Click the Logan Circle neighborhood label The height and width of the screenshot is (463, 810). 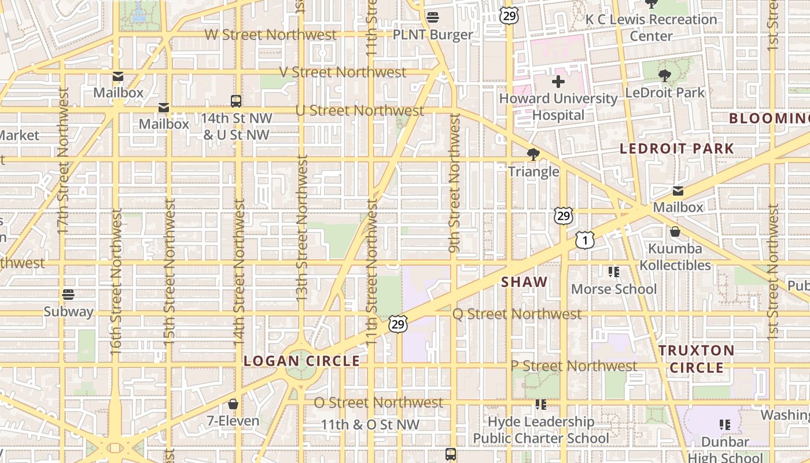tap(301, 361)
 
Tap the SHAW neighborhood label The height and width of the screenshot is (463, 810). tap(524, 282)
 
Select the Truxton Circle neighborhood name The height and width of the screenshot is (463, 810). tap(696, 359)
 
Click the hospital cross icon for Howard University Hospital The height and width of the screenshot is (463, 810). tap(558, 82)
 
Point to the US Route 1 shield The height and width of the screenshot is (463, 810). tap(585, 240)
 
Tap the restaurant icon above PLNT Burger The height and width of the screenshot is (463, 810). tap(432, 17)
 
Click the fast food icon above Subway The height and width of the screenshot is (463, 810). tap(68, 295)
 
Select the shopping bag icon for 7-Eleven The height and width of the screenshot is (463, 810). tap(233, 403)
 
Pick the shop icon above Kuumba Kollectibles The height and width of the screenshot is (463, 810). tap(675, 231)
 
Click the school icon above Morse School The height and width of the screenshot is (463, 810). tap(613, 271)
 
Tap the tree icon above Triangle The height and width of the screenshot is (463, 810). tap(533, 155)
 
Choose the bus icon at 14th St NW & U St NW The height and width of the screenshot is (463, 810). tap(236, 101)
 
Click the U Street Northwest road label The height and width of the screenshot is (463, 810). tap(360, 111)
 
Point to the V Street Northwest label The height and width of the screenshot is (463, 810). tap(343, 72)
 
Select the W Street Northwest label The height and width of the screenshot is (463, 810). tap(270, 35)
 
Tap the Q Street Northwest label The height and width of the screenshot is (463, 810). tap(517, 314)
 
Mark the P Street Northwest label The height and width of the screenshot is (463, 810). tap(573, 366)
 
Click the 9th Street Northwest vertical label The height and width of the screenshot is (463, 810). tap(454, 183)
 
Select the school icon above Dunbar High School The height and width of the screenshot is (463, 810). tap(724, 425)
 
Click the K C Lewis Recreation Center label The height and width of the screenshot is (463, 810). tap(651, 27)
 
